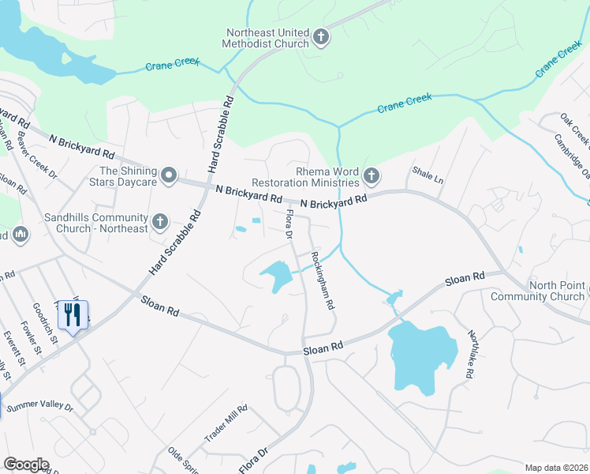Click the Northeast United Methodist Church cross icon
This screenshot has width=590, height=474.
coord(321,36)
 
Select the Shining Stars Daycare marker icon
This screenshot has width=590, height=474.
coord(169,175)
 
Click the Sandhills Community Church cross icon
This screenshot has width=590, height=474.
coord(159,222)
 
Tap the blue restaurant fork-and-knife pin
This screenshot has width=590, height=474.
coord(73,316)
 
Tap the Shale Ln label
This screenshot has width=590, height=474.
coord(428,175)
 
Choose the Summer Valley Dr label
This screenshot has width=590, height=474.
coord(39,407)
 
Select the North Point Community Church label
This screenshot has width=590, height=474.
coord(537,291)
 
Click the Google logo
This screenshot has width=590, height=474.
coord(26,465)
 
